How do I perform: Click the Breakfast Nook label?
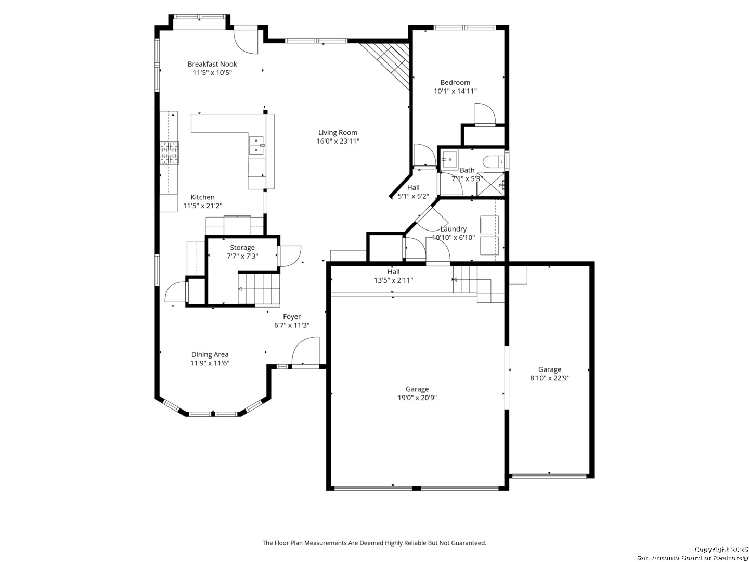coord(212,64)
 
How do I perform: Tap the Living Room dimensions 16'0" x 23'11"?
coord(338,141)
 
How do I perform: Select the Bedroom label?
coord(455,82)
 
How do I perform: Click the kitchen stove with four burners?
coord(169,152)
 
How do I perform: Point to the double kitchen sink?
coord(256,145)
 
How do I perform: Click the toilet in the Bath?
coord(494,161)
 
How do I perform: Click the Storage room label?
coord(242,247)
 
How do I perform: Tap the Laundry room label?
coord(453,228)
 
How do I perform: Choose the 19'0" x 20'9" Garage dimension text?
coord(417,398)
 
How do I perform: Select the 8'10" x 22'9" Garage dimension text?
coord(549,378)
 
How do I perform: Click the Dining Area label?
coord(210,354)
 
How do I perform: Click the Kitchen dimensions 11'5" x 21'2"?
coord(202,206)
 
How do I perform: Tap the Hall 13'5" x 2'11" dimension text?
coord(393,280)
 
